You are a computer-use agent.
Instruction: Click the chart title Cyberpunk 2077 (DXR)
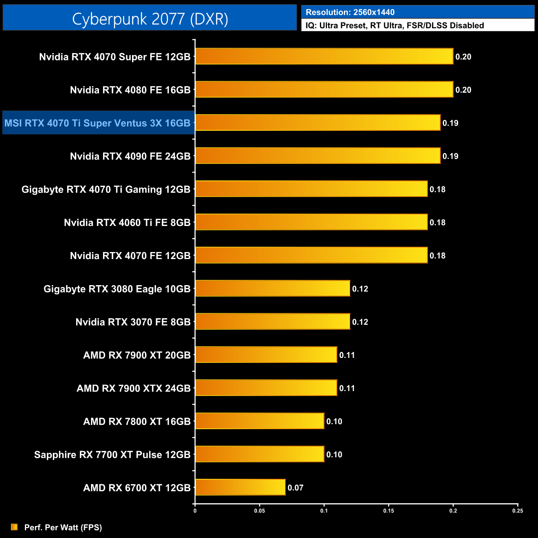(150, 19)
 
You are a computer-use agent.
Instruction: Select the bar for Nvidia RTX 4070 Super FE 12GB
(324, 56)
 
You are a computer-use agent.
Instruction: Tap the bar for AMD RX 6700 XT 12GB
(240, 487)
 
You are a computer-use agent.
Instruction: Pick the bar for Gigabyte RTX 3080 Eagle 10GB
(272, 288)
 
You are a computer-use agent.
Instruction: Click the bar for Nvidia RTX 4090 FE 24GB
(317, 156)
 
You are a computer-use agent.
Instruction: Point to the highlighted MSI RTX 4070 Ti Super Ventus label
(98, 123)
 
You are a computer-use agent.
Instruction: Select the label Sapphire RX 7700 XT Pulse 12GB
(112, 454)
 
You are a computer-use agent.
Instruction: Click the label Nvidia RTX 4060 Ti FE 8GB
(127, 223)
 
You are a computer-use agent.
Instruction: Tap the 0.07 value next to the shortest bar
(295, 488)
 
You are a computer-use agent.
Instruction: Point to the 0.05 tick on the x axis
(259, 511)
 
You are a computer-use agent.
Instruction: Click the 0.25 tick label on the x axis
(518, 511)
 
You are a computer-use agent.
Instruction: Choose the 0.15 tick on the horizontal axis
(389, 511)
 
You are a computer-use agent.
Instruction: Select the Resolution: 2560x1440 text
(350, 12)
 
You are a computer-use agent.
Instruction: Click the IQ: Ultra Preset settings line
(394, 26)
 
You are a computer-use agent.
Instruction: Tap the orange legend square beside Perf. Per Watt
(14, 527)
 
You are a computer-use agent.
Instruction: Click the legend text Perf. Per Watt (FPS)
(63, 527)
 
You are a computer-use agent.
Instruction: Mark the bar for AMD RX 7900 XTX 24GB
(266, 388)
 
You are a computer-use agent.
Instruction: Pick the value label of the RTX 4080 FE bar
(463, 90)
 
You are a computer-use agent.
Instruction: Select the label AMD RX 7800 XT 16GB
(137, 421)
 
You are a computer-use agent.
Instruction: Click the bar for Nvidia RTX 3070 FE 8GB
(272, 322)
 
